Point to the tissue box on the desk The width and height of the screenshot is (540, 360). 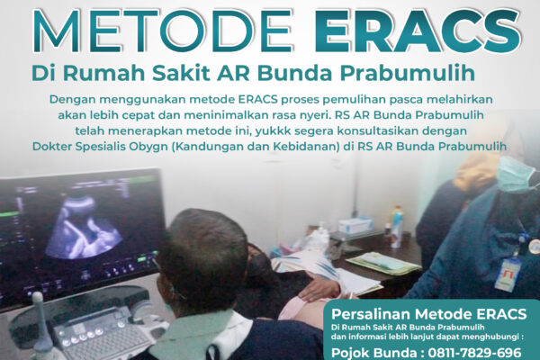coord(356,226)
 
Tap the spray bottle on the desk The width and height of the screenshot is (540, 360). coord(397,226)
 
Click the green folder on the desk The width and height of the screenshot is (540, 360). coord(382,262)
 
